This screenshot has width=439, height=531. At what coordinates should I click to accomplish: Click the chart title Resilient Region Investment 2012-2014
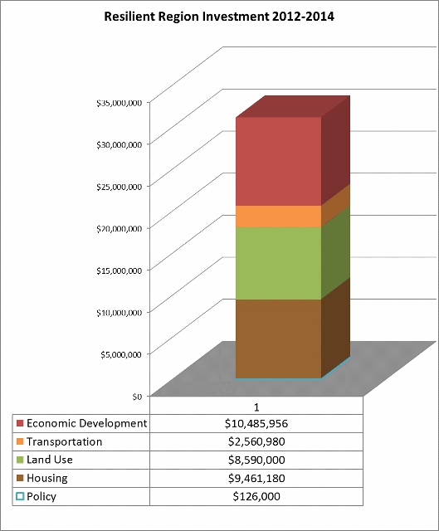click(x=219, y=17)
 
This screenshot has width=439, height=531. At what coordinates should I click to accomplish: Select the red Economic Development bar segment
click(x=279, y=162)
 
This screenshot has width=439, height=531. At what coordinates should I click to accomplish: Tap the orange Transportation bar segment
click(x=279, y=217)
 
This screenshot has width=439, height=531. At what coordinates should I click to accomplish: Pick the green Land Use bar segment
click(x=279, y=263)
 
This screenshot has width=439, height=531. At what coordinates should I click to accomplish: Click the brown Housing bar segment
click(x=279, y=339)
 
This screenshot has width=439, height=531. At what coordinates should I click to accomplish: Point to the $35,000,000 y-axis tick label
click(x=119, y=103)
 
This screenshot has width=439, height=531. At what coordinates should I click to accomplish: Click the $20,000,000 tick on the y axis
click(x=119, y=229)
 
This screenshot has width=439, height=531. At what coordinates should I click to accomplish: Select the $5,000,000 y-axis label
click(x=121, y=354)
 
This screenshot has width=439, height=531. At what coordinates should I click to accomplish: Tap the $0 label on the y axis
click(x=137, y=397)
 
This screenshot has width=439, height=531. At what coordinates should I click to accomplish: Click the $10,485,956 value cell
click(x=256, y=423)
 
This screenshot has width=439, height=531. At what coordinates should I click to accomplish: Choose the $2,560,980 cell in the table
click(x=256, y=441)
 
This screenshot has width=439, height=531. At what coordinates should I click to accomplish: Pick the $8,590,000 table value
click(x=256, y=460)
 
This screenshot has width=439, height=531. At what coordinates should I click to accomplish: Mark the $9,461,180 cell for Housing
click(x=256, y=478)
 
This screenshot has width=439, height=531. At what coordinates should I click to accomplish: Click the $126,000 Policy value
click(x=256, y=496)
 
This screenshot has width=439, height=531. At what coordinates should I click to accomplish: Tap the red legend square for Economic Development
click(x=20, y=423)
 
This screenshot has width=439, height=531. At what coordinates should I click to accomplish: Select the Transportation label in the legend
click(x=65, y=441)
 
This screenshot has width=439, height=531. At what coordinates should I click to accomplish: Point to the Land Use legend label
click(x=50, y=460)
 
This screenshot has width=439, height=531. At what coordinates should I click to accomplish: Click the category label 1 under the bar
click(x=256, y=407)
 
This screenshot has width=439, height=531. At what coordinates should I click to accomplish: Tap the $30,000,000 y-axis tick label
click(x=119, y=145)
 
